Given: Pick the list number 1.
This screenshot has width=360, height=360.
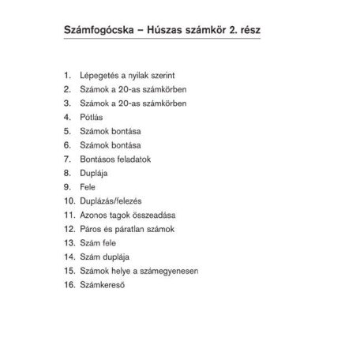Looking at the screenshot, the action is coord(69,75).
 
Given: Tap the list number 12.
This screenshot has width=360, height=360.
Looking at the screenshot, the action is coord(68,228).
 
